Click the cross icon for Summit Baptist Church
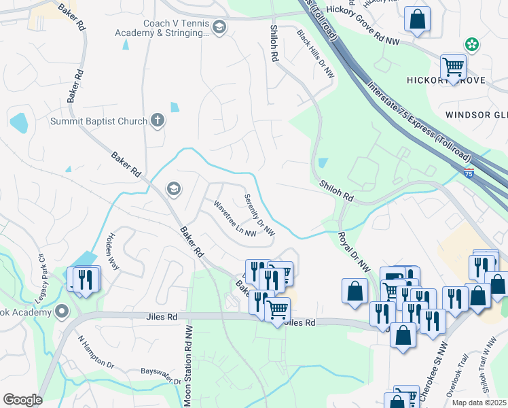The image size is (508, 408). [x=158, y=121]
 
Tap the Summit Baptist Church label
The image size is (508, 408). [x=98, y=122]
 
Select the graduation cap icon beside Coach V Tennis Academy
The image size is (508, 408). [x=219, y=27]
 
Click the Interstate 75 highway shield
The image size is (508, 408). [x=469, y=174]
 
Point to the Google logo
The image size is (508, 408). [x=22, y=400]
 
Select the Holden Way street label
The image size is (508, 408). [x=112, y=252]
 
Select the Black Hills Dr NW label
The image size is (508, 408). [x=316, y=54]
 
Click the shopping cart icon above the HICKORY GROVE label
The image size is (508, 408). [x=453, y=67]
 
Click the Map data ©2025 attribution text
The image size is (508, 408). [x=479, y=402]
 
